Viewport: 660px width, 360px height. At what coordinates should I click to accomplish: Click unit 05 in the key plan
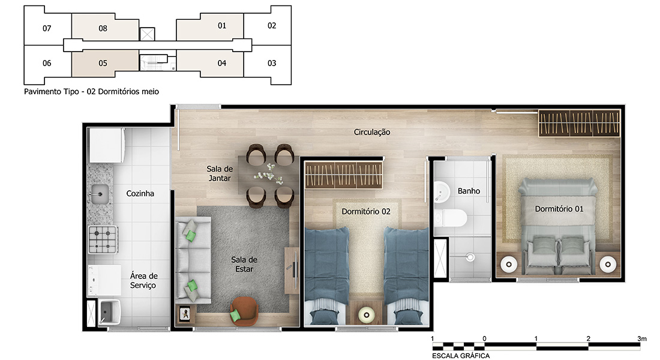pyautogui.click(x=103, y=63)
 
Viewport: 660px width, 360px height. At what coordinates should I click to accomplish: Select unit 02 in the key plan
pyautogui.click(x=271, y=26)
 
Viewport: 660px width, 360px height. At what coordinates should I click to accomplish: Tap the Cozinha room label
pyautogui.click(x=140, y=194)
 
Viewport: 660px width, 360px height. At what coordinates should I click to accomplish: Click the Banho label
pyautogui.click(x=469, y=191)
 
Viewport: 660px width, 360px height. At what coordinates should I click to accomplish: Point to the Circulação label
pyautogui.click(x=372, y=132)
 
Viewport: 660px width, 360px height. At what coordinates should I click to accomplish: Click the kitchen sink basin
pyautogui.click(x=100, y=194)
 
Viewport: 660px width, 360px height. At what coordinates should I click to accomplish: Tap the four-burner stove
pyautogui.click(x=103, y=239)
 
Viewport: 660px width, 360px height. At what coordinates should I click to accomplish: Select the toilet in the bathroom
pyautogui.click(x=451, y=218)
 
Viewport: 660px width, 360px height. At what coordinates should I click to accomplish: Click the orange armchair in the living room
pyautogui.click(x=244, y=311)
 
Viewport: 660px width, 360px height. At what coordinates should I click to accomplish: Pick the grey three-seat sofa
pyautogui.click(x=193, y=260)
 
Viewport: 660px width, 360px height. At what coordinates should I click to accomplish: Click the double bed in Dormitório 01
pyautogui.click(x=558, y=227)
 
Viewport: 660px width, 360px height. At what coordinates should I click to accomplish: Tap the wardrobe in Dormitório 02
pyautogui.click(x=343, y=175)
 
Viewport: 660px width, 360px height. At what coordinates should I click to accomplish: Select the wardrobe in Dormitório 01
pyautogui.click(x=579, y=123)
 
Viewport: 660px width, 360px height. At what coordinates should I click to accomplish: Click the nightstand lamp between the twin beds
pyautogui.click(x=366, y=314)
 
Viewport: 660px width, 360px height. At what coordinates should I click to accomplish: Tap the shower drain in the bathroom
pyautogui.click(x=470, y=257)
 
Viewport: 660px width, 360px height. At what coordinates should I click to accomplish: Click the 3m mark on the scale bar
pyautogui.click(x=641, y=338)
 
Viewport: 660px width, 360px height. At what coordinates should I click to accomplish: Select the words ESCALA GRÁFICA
pyautogui.click(x=461, y=356)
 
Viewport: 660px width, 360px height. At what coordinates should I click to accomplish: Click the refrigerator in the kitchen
pyautogui.click(x=106, y=145)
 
